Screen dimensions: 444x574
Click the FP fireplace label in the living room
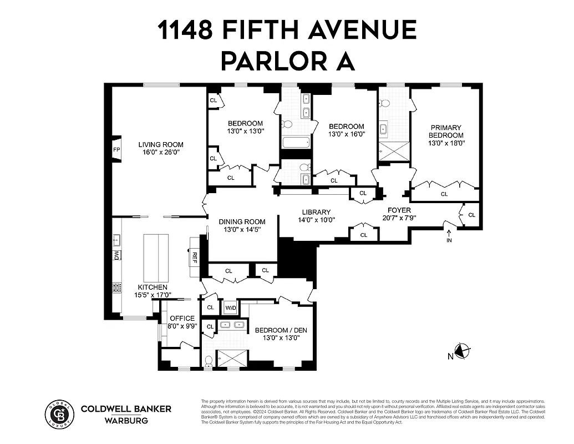point(116,150)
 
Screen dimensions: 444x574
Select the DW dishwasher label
point(117,255)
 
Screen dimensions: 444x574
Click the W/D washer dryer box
point(230,307)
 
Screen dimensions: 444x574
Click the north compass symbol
point(461,351)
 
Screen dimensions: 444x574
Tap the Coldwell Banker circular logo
point(58,414)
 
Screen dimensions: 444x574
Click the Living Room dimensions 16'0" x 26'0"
point(160,152)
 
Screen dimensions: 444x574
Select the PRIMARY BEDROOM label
point(445,131)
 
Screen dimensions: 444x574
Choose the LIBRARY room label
point(316,212)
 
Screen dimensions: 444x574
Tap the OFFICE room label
point(182,318)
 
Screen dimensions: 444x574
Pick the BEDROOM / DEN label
point(281,330)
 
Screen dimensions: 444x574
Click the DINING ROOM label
point(241,221)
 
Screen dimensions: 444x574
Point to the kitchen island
point(156,258)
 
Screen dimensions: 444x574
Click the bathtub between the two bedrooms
point(296,143)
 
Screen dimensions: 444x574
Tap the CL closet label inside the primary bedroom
point(444,194)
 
